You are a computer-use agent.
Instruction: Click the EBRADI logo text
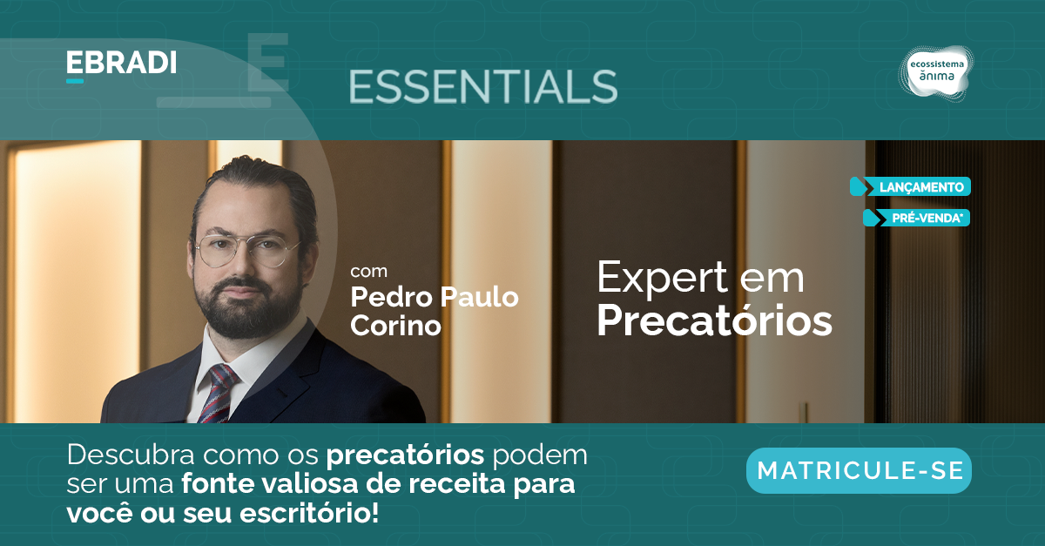point(121,63)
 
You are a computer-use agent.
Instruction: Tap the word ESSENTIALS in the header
point(483,87)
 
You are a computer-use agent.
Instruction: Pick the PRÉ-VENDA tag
point(917,218)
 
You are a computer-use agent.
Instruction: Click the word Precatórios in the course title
point(714,320)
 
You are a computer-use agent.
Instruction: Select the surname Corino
point(395,325)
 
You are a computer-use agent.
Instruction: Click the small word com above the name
point(368,271)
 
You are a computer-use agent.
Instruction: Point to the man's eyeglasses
point(246,251)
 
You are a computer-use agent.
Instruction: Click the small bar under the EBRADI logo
point(75,81)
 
